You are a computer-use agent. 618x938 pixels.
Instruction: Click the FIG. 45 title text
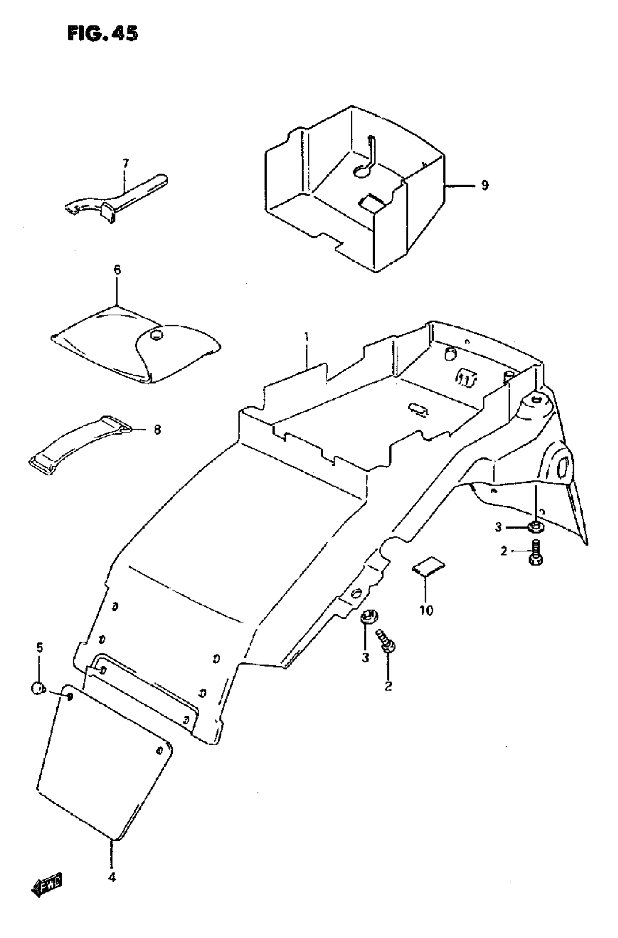[x=103, y=33]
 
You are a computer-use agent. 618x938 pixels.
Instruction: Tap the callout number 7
[x=125, y=163]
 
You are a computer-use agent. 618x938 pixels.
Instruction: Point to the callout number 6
[x=117, y=270]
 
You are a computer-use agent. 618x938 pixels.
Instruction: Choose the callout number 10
[x=426, y=611]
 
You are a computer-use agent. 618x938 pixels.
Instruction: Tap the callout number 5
[x=39, y=648]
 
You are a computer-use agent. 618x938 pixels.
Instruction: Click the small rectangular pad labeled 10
[x=429, y=567]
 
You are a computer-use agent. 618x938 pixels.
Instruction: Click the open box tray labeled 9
[x=355, y=189]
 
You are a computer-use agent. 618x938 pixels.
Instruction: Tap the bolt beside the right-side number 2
[x=534, y=552]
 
